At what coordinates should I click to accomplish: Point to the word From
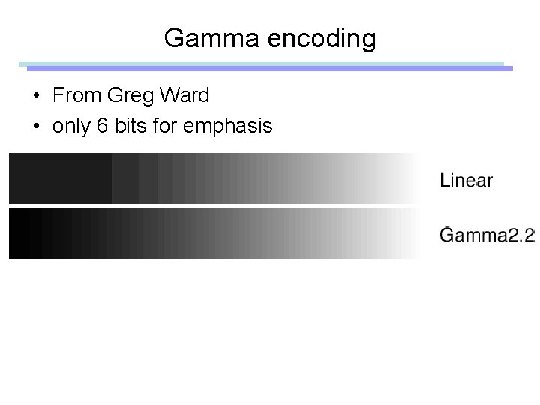coord(77,96)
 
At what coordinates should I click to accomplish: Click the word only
coord(71,127)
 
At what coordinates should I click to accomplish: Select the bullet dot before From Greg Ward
coord(36,97)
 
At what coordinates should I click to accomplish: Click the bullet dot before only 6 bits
coord(36,127)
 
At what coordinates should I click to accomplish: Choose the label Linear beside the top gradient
coord(466,180)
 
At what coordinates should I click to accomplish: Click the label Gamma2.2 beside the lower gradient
coord(487,235)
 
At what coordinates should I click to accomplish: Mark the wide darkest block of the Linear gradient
coord(60,178)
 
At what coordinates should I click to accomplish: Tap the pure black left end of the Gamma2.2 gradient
coord(15,233)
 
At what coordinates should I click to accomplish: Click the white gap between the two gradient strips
coord(210,205)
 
